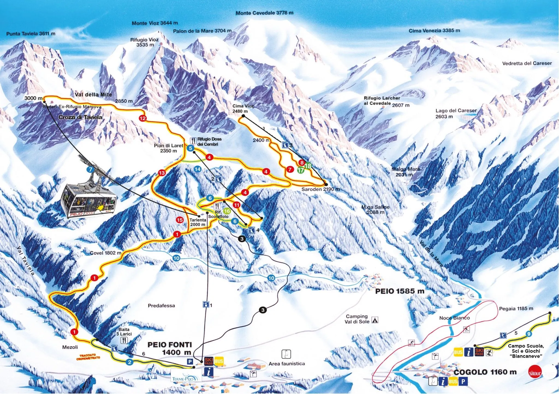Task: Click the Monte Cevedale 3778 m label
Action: [x=264, y=13]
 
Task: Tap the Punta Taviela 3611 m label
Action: [x=31, y=34]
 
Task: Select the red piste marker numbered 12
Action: [x=142, y=118]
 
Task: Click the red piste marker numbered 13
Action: [x=162, y=173]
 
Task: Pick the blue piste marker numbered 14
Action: [x=198, y=169]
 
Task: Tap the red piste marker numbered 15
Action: [x=179, y=220]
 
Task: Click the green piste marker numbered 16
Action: [x=227, y=211]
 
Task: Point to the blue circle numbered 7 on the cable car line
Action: [x=90, y=170]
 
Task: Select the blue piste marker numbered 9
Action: [x=529, y=334]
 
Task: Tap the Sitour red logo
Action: [x=534, y=373]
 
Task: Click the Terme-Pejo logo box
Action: [x=186, y=379]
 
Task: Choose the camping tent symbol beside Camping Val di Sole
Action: [x=375, y=320]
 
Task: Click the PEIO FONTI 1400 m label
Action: [x=170, y=348]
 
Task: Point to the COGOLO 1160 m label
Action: [x=485, y=372]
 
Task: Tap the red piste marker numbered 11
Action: [x=236, y=205]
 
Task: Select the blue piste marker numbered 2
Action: [x=129, y=362]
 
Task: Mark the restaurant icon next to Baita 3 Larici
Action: [x=124, y=340]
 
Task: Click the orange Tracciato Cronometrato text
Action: [x=88, y=357]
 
